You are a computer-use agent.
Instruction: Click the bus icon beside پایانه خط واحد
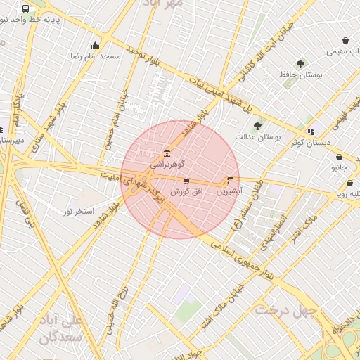(26, 9)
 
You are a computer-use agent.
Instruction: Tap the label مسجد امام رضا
(96, 55)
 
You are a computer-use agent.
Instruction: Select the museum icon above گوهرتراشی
(167, 153)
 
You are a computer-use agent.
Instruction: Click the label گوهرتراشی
(167, 163)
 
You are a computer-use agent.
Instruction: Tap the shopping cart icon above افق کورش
(186, 181)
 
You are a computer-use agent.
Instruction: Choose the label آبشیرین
(229, 190)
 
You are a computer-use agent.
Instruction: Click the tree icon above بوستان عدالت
(257, 127)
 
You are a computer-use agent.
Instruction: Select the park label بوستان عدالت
(257, 136)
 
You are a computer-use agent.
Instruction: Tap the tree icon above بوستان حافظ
(301, 64)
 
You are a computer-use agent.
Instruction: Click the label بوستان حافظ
(301, 74)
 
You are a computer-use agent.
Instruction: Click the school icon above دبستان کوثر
(310, 131)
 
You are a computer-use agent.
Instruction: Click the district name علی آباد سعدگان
(63, 328)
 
